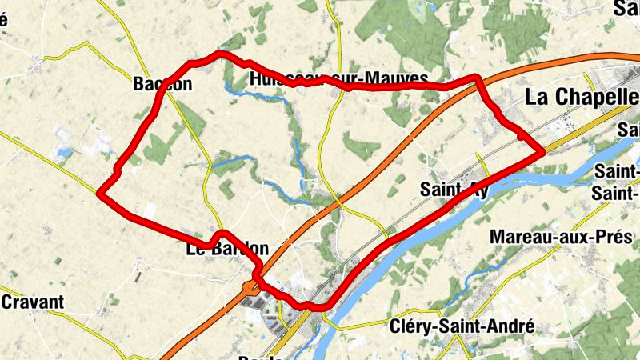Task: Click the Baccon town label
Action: pyautogui.click(x=163, y=84)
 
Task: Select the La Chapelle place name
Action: pyautogui.click(x=581, y=97)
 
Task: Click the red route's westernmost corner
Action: pyautogui.click(x=99, y=192)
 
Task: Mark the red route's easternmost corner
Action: pyautogui.click(x=543, y=150)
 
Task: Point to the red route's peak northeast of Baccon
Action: pyautogui.click(x=218, y=54)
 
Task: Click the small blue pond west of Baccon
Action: pyautogui.click(x=62, y=151)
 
